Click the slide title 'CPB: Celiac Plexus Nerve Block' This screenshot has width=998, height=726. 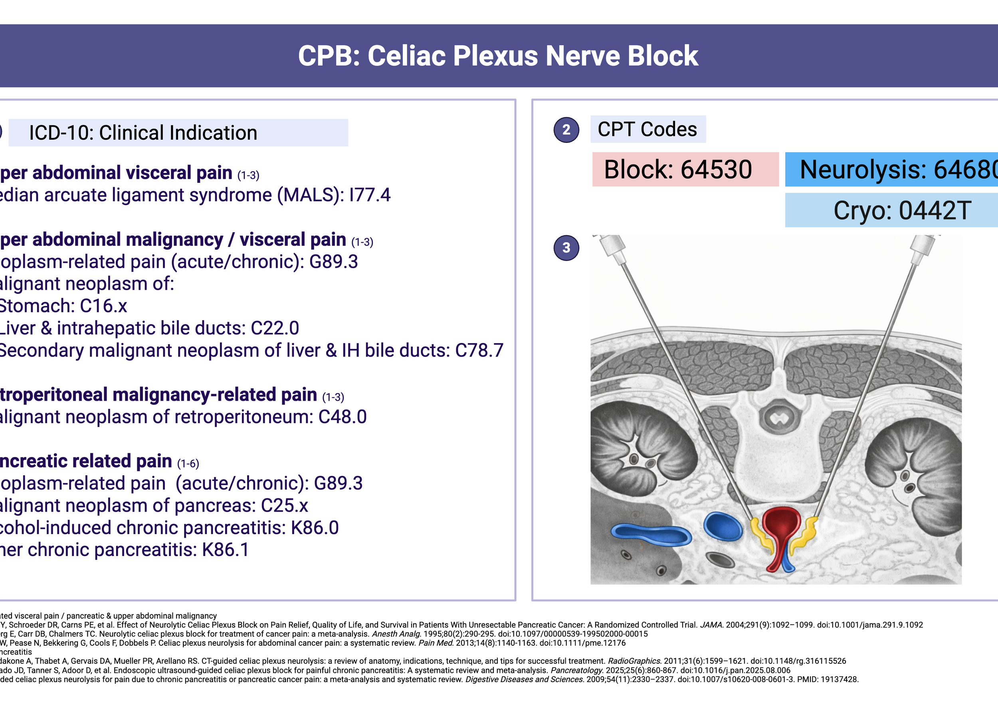pos(498,56)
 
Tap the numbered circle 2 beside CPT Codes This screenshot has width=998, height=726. pos(566,130)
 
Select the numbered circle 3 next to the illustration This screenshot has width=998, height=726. pos(566,248)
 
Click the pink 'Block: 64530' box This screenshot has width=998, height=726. pos(685,169)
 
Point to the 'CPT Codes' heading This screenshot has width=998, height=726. pos(647,129)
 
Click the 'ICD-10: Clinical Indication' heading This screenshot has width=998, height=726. pos(143,133)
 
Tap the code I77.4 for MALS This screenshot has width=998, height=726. pos(369,195)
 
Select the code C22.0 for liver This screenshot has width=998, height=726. pos(275,328)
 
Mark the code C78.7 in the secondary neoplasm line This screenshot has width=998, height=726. pos(479,351)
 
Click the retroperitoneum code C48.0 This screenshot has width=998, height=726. pos(343,417)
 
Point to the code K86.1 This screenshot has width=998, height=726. pos(225,550)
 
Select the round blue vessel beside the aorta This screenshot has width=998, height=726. pos(723,526)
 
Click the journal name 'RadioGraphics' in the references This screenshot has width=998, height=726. pos(634,661)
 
